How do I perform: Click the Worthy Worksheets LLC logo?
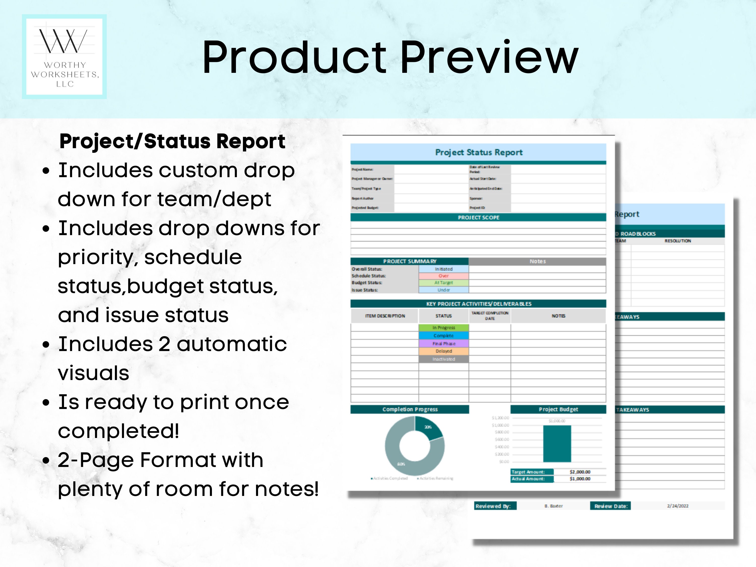click(x=64, y=57)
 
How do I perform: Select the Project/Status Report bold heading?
click(x=172, y=141)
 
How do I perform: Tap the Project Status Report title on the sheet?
click(x=479, y=152)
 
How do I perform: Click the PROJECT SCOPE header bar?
click(x=479, y=217)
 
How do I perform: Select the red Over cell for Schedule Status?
click(x=444, y=276)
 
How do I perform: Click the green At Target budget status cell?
click(x=444, y=283)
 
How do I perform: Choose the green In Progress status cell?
click(x=444, y=327)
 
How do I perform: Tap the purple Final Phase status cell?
click(x=444, y=343)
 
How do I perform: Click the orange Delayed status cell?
click(x=444, y=351)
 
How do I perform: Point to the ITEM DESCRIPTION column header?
click(x=385, y=316)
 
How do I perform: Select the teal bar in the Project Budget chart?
click(x=557, y=444)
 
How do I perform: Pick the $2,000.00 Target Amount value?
click(x=580, y=472)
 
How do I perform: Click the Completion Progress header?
click(x=410, y=409)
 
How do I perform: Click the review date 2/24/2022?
click(x=678, y=506)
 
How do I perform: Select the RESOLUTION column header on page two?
click(x=677, y=241)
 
